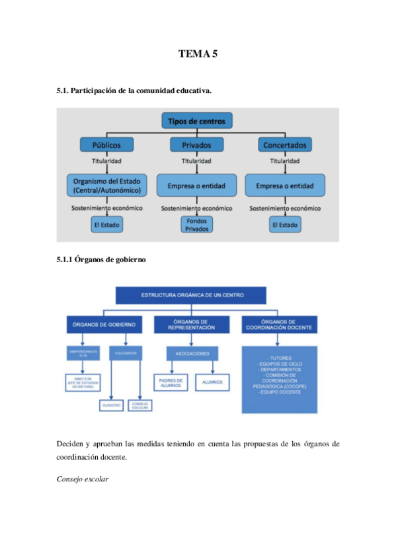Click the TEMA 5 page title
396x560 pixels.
pos(198,54)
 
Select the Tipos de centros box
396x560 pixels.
pos(196,121)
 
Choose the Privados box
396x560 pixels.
pos(196,144)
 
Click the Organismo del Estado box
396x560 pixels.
pos(107,186)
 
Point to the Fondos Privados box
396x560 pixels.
pos(196,225)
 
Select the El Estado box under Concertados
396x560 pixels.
pos(284,225)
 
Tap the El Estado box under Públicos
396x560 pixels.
pos(107,225)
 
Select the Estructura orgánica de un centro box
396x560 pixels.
pos(190,295)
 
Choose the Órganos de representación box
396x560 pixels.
pos(191,324)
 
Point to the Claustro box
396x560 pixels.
pos(110,405)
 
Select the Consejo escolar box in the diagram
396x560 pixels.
pos(140,405)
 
